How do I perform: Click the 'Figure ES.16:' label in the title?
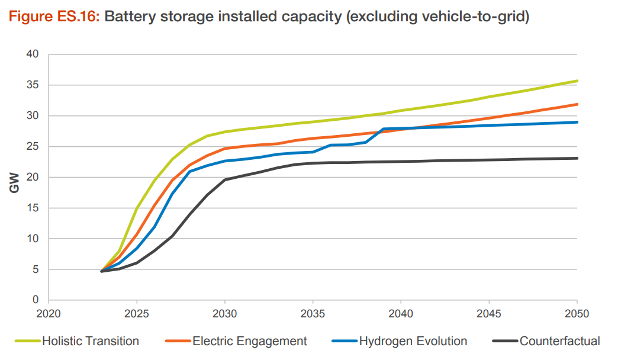[x=54, y=17]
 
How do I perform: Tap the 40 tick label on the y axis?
[x=33, y=54]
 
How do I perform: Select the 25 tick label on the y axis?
[x=33, y=147]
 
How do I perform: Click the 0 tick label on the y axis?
[x=36, y=300]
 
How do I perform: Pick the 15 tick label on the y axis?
[x=33, y=208]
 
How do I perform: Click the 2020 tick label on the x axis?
[x=49, y=313]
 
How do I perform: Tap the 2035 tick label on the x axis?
[x=313, y=313]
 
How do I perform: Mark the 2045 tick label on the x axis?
[x=489, y=313]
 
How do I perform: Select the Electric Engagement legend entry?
[x=249, y=341]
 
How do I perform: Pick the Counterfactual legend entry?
[x=559, y=341]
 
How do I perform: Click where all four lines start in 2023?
[x=102, y=271]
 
